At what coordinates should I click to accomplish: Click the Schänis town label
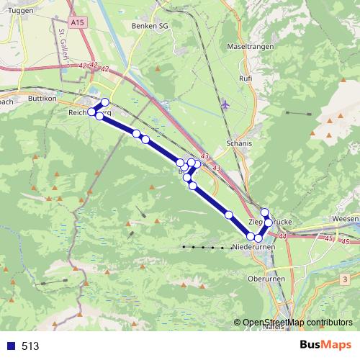239,143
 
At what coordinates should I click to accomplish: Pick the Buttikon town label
41,96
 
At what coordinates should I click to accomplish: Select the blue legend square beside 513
10,346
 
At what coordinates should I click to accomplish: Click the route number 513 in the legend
31,346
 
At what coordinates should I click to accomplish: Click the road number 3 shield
346,278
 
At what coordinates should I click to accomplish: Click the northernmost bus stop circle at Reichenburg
105,102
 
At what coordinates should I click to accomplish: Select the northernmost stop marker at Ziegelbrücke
264,212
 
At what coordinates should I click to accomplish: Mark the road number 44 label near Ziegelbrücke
282,235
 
